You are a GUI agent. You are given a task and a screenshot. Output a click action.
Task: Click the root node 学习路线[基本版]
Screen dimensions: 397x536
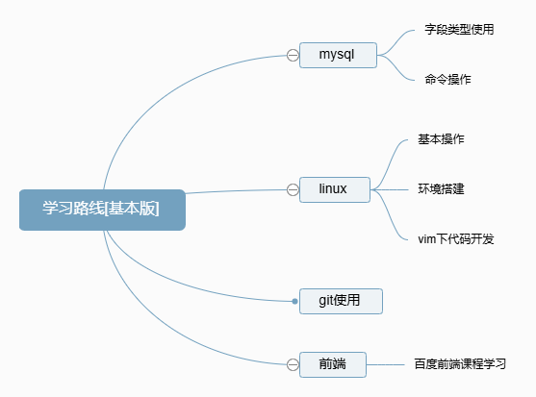(x=101, y=210)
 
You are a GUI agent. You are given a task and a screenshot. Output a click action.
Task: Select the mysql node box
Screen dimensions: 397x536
(x=337, y=55)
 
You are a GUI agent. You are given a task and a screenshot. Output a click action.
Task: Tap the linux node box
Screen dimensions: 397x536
(x=332, y=188)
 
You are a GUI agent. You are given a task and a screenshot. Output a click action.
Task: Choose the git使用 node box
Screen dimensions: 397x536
(x=341, y=301)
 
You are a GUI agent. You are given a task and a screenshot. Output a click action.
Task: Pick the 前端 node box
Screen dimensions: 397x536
(x=333, y=363)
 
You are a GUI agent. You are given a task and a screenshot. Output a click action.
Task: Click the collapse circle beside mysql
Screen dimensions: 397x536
(x=293, y=56)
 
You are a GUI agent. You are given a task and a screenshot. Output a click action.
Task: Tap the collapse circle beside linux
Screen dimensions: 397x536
(x=293, y=189)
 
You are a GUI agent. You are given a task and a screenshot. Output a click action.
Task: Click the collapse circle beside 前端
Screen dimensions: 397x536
(x=293, y=364)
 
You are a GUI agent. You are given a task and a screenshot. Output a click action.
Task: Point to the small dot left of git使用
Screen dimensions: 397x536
(x=295, y=302)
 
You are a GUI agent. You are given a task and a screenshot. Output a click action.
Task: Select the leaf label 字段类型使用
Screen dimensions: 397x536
(x=459, y=30)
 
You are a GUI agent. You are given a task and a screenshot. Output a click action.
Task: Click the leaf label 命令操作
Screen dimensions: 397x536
(x=447, y=79)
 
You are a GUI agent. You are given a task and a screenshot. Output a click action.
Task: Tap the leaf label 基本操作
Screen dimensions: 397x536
(x=441, y=139)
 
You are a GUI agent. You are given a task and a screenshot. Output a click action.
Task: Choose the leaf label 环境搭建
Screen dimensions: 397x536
(x=441, y=188)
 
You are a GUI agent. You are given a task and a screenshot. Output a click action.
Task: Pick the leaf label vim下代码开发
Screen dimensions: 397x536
(x=456, y=238)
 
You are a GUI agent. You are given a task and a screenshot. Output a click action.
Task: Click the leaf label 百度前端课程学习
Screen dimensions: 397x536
(x=460, y=364)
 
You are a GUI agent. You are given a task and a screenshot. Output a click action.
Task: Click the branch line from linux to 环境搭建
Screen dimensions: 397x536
(x=390, y=188)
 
